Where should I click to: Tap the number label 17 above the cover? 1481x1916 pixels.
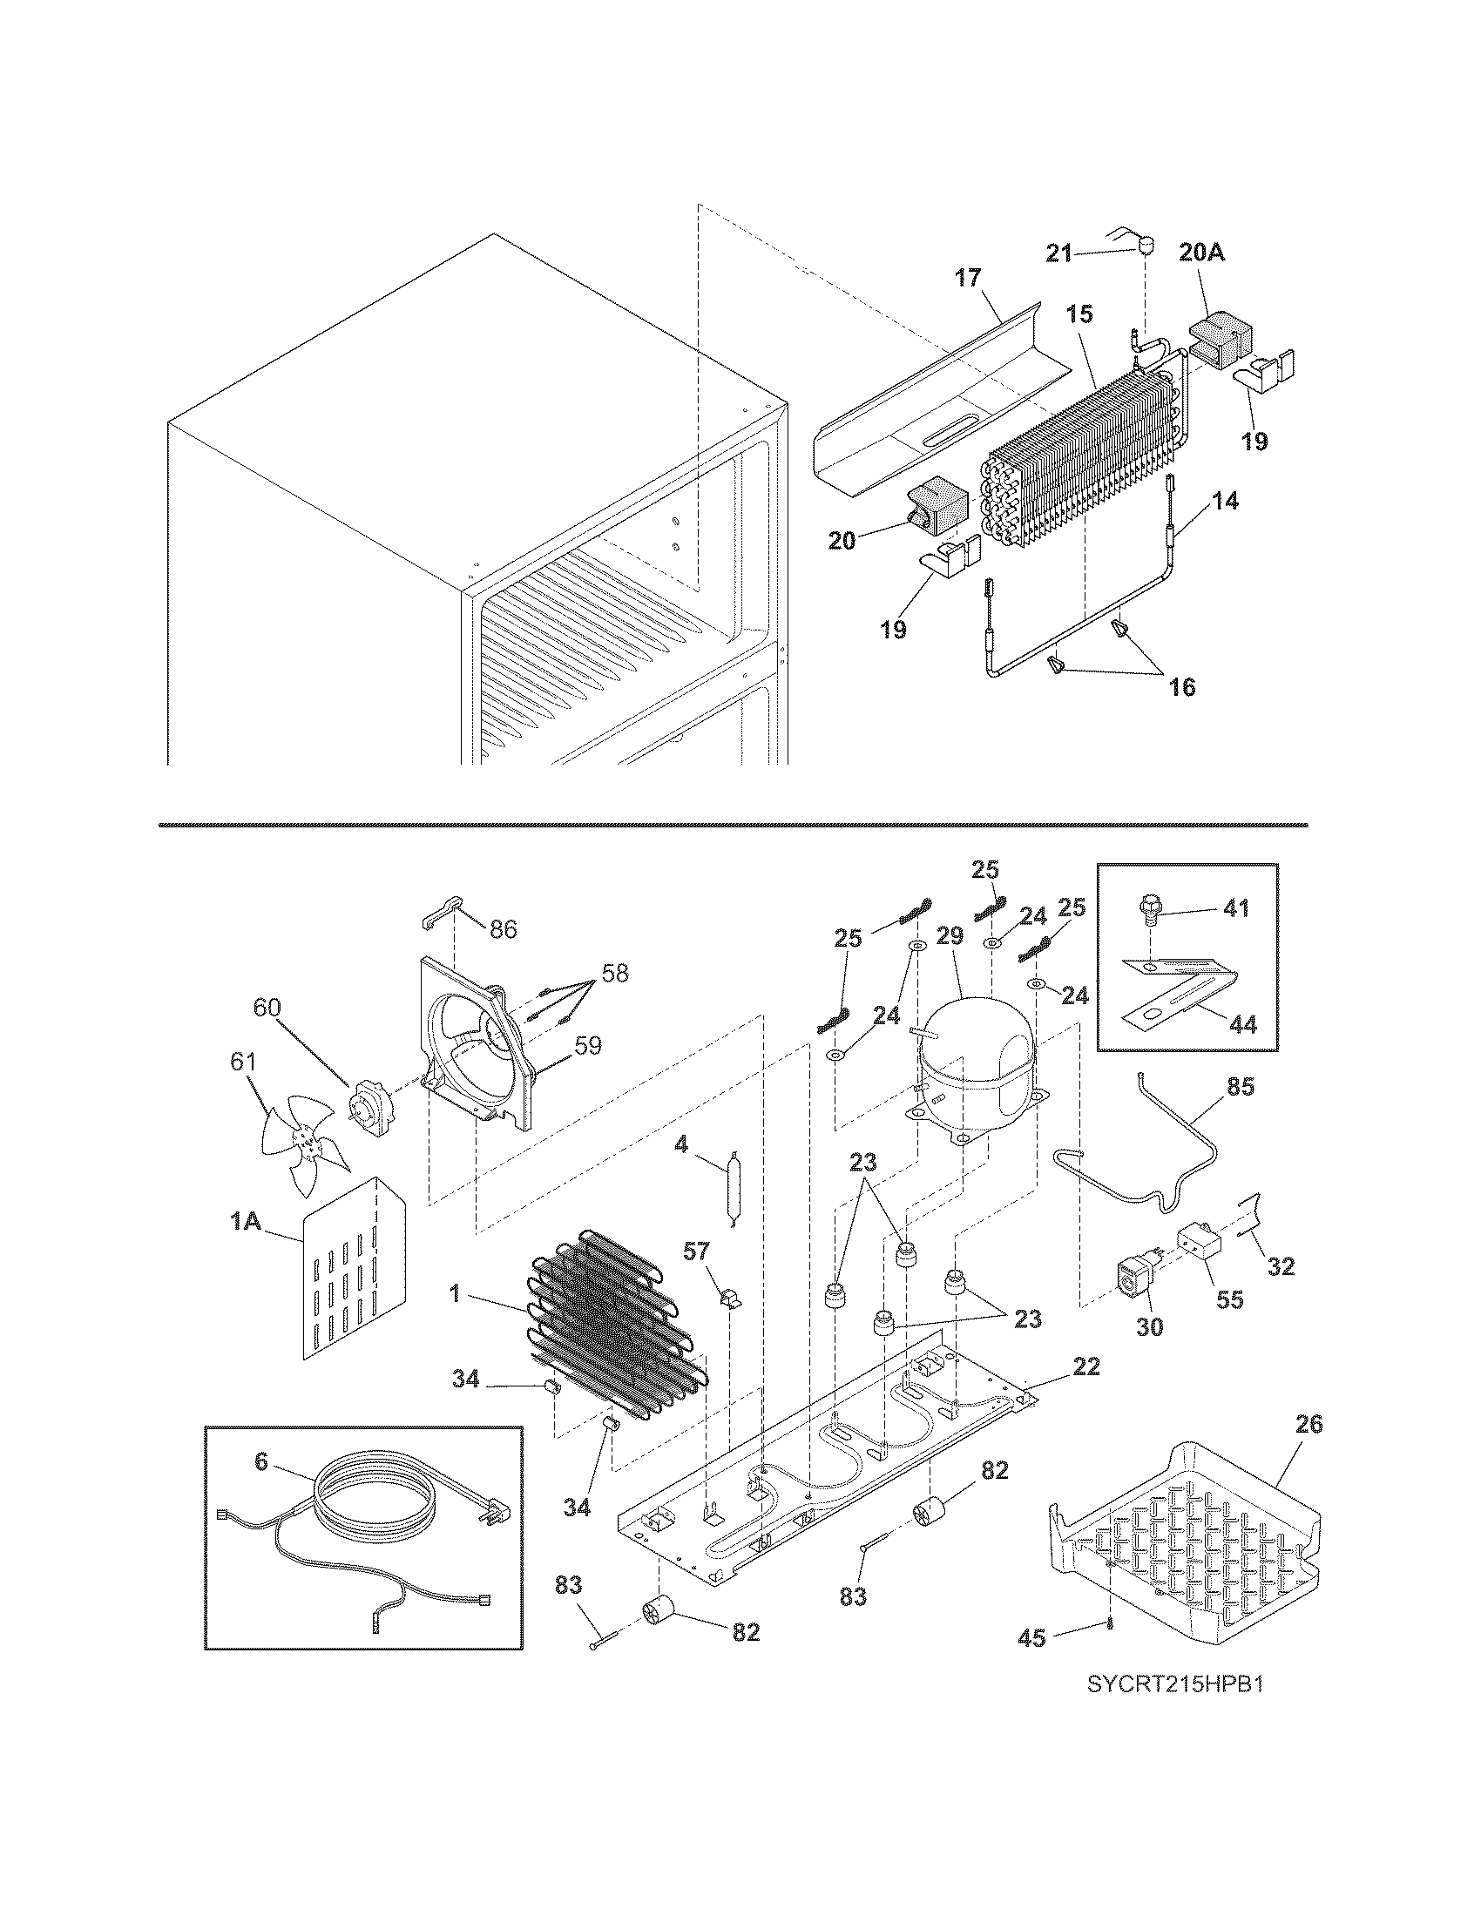(968, 279)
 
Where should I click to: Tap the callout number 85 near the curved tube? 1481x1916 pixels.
(1240, 1087)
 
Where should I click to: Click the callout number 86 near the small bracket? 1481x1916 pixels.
(503, 929)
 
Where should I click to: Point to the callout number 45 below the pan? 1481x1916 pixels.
(1032, 1638)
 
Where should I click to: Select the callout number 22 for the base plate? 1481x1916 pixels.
(1086, 1366)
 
